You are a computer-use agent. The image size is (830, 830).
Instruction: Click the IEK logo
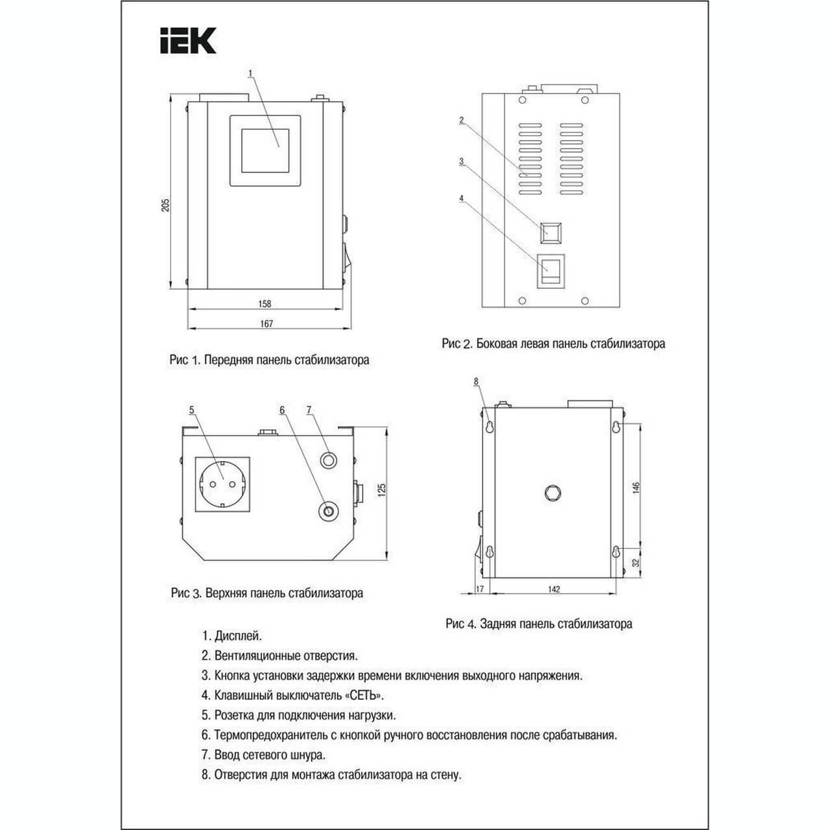pyautogui.click(x=188, y=41)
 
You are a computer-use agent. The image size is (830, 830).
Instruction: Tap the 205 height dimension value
pyautogui.click(x=165, y=205)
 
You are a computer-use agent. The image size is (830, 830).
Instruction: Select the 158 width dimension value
pyautogui.click(x=265, y=303)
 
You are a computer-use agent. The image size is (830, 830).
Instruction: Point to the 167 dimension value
pyautogui.click(x=267, y=324)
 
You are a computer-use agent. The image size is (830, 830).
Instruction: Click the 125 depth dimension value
pyautogui.click(x=382, y=490)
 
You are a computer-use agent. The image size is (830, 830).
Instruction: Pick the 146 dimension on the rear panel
pyautogui.click(x=636, y=488)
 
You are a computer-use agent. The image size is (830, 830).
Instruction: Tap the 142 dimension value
pyautogui.click(x=554, y=589)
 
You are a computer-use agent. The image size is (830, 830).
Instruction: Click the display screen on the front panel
pyautogui.click(x=265, y=150)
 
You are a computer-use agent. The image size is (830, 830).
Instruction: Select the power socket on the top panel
pyautogui.click(x=222, y=484)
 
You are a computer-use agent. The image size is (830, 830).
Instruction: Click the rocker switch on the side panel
pyautogui.click(x=551, y=271)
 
